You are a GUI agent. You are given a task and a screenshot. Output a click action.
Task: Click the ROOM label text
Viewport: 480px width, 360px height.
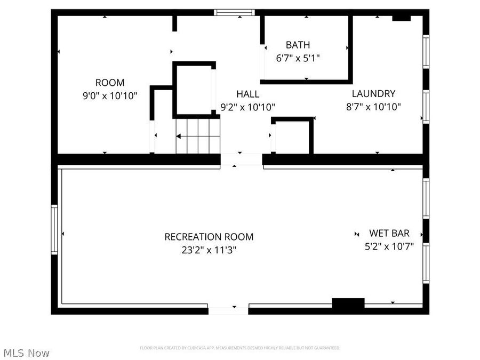[x=110, y=83]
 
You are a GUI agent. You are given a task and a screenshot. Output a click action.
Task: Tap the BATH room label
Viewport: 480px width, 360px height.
[x=298, y=45]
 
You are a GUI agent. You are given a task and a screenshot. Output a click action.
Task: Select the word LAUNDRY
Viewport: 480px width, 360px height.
[x=373, y=93]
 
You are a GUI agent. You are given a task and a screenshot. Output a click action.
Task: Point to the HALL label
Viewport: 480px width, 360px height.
[x=247, y=94]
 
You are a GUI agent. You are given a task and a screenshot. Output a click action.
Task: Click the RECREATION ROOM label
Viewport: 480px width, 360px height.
[x=209, y=237]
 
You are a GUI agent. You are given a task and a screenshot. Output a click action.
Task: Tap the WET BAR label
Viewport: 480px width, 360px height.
[x=389, y=233]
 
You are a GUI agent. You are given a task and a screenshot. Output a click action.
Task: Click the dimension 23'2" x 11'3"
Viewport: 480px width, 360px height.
[x=209, y=250]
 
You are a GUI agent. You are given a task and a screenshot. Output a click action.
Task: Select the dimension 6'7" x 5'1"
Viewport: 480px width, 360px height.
[x=298, y=58]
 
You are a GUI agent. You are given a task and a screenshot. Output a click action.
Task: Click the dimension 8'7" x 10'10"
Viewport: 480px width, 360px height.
[x=373, y=107]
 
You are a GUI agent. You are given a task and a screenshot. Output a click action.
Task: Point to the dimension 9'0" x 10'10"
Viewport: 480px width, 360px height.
[x=110, y=96]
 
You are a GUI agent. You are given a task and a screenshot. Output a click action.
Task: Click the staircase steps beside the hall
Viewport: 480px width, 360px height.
[x=198, y=136]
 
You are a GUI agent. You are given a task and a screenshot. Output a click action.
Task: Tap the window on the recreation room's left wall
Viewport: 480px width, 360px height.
[x=54, y=230]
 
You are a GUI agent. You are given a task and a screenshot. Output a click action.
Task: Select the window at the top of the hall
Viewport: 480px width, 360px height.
[x=235, y=12]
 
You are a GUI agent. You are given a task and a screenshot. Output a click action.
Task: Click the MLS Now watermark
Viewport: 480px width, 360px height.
[x=26, y=353]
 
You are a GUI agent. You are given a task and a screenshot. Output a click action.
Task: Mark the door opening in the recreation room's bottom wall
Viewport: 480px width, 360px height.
[x=228, y=309]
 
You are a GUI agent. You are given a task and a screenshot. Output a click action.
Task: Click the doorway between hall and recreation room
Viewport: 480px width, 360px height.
[x=241, y=159]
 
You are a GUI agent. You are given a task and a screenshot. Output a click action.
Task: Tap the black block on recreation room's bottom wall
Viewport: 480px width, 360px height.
[x=348, y=303]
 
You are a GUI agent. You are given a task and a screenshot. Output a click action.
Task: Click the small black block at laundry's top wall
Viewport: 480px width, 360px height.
[x=401, y=18]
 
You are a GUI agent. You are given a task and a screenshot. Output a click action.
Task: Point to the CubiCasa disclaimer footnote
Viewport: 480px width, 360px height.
[x=240, y=348]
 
